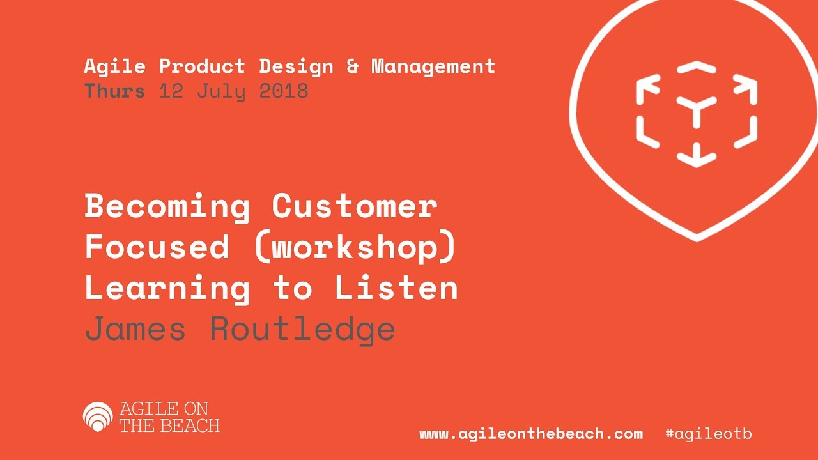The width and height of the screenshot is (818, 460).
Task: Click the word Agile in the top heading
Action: point(115,67)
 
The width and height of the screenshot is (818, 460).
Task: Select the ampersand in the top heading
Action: point(352,66)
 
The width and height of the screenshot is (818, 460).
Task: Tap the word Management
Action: point(433,67)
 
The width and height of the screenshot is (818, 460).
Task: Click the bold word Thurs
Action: point(115,91)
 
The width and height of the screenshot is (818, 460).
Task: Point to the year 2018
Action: point(284,91)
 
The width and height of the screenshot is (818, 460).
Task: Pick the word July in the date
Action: point(221,91)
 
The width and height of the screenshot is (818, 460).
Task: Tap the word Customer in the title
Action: point(355,206)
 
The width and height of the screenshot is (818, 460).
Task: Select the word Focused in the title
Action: point(157,247)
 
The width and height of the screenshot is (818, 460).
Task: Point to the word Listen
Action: point(396,287)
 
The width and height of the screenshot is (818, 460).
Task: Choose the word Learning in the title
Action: point(167,289)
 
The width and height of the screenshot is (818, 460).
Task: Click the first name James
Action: point(135,328)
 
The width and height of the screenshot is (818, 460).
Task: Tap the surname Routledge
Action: point(303,330)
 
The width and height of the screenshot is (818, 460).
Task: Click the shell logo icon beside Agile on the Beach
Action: point(98,417)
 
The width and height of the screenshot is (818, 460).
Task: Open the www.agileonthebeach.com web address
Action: point(531,434)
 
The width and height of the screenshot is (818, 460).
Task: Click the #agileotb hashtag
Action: point(709,434)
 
